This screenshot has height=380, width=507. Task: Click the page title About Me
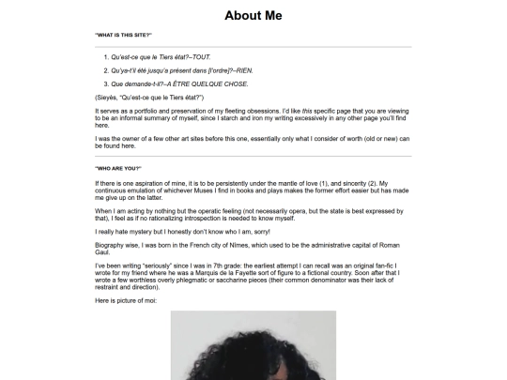(253, 15)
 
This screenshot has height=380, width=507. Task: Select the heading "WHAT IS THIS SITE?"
(123, 36)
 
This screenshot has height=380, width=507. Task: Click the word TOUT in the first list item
(201, 57)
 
